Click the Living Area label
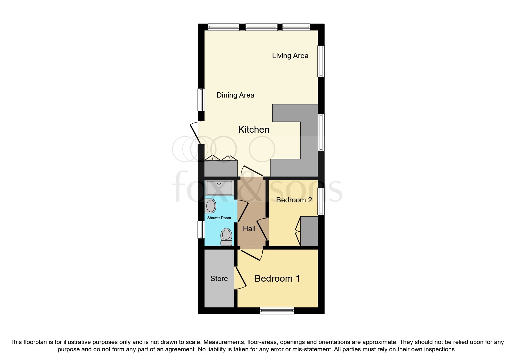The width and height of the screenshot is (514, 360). click(290, 56)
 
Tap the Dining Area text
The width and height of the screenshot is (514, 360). click(235, 95)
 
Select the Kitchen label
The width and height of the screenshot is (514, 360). click(254, 129)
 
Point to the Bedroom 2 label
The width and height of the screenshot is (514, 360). click(294, 200)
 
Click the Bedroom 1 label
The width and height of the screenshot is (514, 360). click(277, 279)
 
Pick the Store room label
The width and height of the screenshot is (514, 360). click(219, 279)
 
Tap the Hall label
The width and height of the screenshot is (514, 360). click(249, 229)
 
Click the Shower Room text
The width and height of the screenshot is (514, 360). click(219, 218)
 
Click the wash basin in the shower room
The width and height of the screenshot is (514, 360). click(210, 206)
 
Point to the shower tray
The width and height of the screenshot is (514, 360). click(219, 188)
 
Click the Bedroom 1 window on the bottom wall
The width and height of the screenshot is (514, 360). click(277, 311)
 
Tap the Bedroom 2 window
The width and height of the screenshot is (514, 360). click(321, 201)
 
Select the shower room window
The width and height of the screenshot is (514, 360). click(201, 230)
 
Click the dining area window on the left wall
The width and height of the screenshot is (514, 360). click(201, 100)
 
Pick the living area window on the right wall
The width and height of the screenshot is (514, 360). click(321, 61)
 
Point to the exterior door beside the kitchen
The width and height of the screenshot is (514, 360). click(195, 133)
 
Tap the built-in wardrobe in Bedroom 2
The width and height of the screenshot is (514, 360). click(309, 231)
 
